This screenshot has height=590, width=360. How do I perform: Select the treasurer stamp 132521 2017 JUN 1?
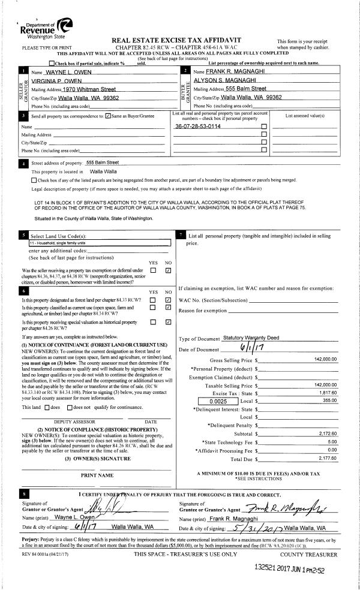(x=298, y=566)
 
